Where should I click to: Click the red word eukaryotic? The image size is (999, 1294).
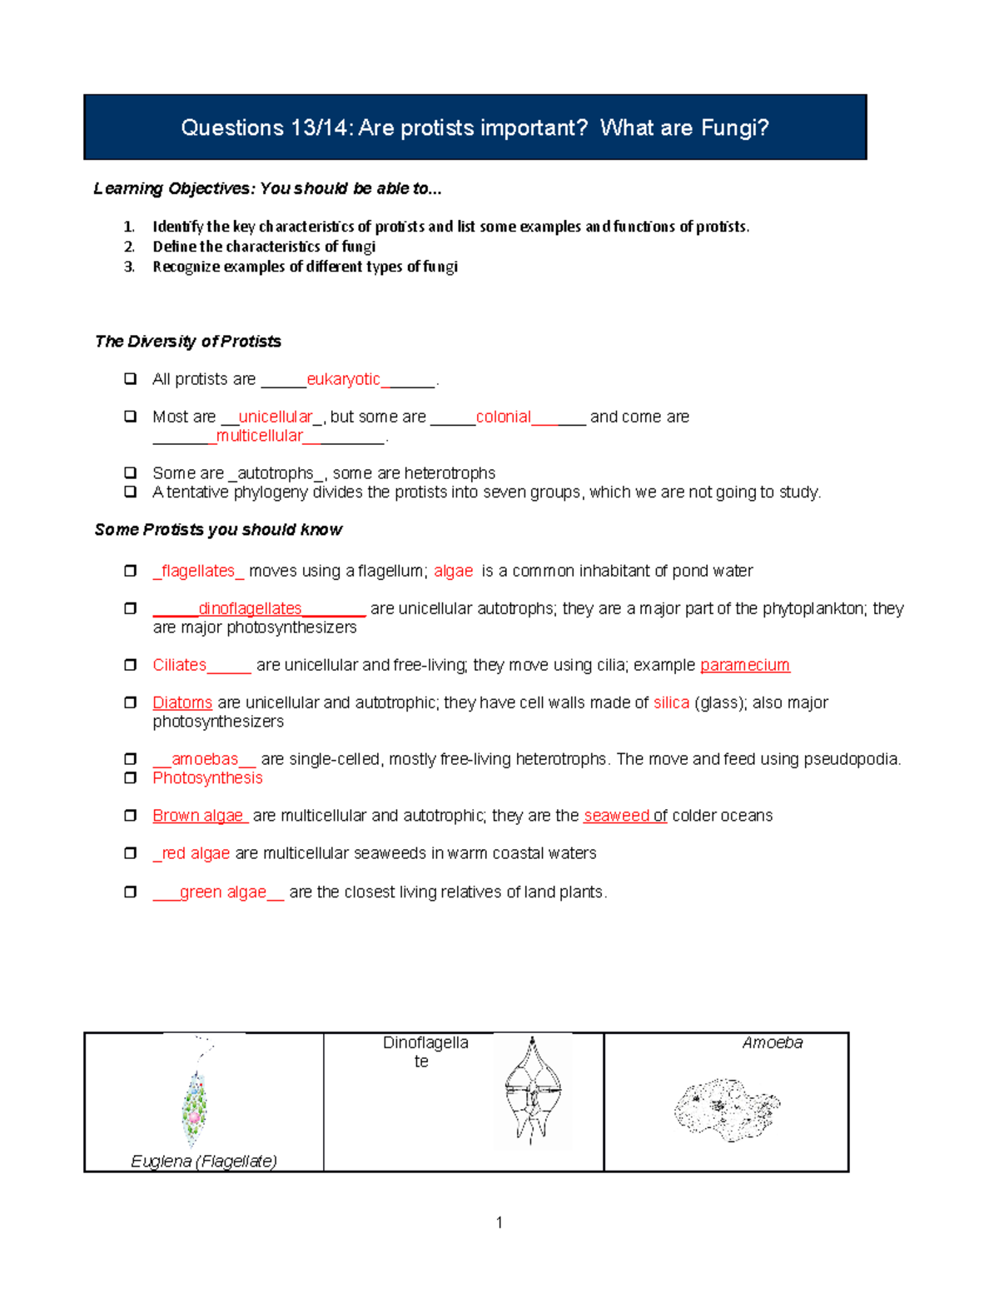[x=343, y=379]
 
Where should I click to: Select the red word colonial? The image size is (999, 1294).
[x=503, y=417]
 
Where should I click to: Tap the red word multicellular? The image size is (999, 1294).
[x=260, y=436]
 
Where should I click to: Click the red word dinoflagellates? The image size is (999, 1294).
[x=250, y=609]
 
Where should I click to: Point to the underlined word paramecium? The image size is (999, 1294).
[x=744, y=665]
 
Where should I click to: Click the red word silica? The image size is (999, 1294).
[x=671, y=702]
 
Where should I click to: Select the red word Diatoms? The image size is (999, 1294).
[x=182, y=702]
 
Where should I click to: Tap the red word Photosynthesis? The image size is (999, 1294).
[x=207, y=777]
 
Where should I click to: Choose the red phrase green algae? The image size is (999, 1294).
[x=222, y=892]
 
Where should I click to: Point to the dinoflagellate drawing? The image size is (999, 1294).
[x=532, y=1090]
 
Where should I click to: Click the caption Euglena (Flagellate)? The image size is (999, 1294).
[x=204, y=1161]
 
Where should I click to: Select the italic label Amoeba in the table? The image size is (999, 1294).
[x=772, y=1042]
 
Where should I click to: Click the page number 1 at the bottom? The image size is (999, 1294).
[x=499, y=1222]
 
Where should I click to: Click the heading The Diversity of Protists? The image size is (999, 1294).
[x=188, y=342]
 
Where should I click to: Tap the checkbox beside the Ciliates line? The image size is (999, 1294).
[x=131, y=665]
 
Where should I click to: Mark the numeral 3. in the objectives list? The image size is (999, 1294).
[x=129, y=267]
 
